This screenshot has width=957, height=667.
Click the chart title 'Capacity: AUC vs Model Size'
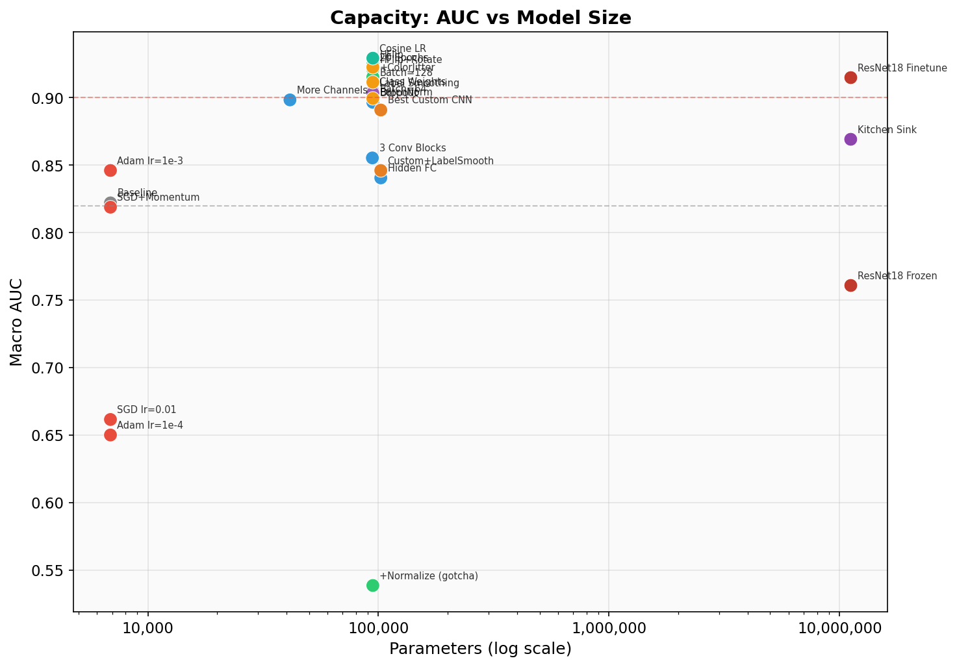coord(480,18)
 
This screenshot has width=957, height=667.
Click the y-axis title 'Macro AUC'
coord(17,322)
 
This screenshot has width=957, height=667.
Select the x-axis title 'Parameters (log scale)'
coord(480,649)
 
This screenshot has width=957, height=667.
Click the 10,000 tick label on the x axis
coord(148,629)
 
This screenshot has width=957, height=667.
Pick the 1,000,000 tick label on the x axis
coord(609,629)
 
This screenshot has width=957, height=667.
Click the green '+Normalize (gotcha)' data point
coord(372,585)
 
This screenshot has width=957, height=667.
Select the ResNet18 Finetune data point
coord(850,78)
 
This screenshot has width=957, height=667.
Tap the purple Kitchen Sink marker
coord(850,140)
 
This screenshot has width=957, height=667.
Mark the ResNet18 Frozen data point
coord(850,286)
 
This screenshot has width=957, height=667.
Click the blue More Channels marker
coord(290,100)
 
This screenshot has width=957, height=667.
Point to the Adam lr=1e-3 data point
coord(110,170)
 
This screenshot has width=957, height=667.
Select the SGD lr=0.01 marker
coord(110,420)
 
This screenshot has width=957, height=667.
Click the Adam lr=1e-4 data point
coord(110,435)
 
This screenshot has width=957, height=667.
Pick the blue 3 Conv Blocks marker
coord(372,158)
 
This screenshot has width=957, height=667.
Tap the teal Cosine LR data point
coord(372,58)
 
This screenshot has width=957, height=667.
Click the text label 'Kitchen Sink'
coord(887,130)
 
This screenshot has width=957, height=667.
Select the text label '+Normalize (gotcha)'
coord(429,576)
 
